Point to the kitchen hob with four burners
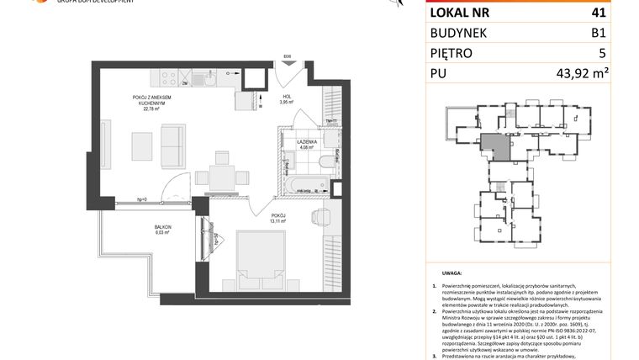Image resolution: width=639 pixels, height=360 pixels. tap(163, 79)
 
